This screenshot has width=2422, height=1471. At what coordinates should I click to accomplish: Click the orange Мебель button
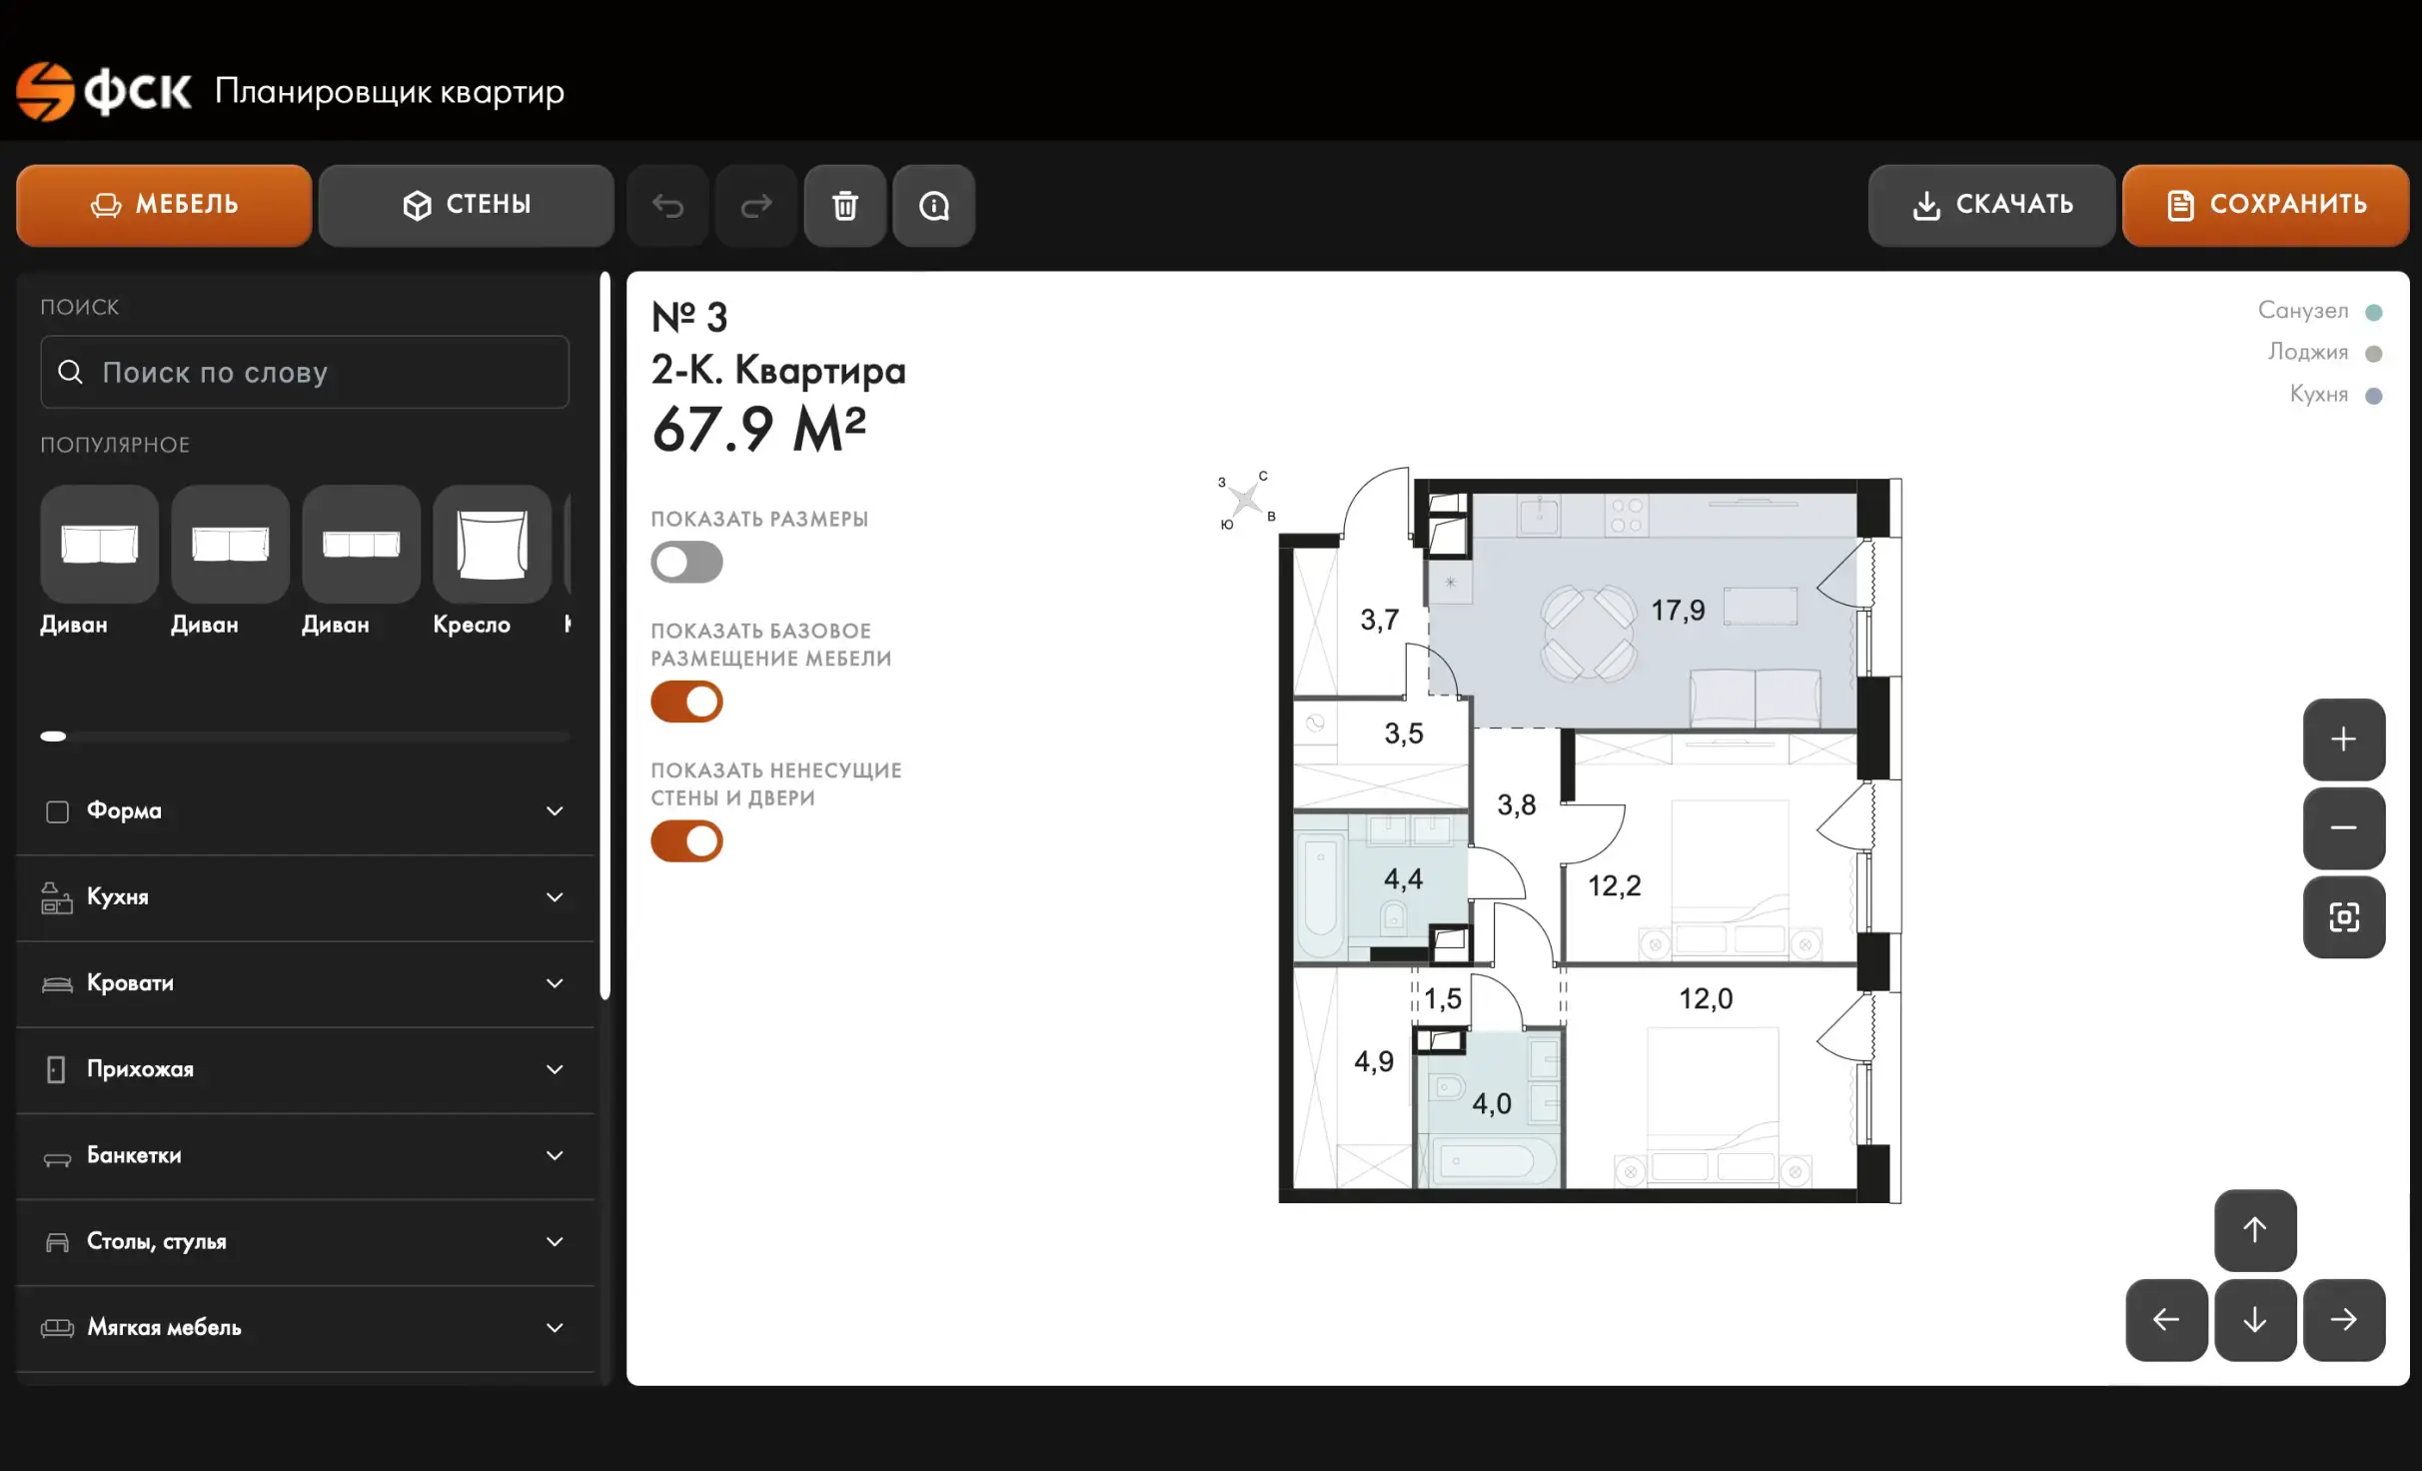(164, 205)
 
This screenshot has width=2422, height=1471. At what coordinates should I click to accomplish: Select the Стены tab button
(466, 205)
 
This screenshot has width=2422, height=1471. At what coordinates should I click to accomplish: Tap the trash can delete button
(845, 205)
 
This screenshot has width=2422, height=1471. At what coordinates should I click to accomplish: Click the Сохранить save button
(2265, 205)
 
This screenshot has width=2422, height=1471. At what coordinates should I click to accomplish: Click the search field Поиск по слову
(305, 372)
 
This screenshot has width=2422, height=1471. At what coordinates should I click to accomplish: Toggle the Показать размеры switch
(686, 562)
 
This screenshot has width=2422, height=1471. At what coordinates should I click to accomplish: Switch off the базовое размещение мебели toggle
(686, 702)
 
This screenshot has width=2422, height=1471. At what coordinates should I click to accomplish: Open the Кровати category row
(305, 983)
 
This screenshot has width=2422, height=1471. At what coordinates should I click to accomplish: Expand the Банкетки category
(305, 1155)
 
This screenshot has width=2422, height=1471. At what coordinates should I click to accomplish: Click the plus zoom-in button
(2344, 739)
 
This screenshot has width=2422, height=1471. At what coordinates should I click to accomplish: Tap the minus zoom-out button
(2344, 828)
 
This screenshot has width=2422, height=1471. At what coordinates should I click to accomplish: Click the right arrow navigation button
(2344, 1320)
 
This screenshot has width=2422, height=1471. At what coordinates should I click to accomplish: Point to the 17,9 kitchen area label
(1678, 611)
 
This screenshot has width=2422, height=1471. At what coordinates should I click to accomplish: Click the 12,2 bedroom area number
(1615, 885)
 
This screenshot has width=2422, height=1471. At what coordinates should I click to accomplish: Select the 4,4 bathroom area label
(1403, 879)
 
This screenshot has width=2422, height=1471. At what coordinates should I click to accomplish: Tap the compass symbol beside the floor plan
(1246, 498)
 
